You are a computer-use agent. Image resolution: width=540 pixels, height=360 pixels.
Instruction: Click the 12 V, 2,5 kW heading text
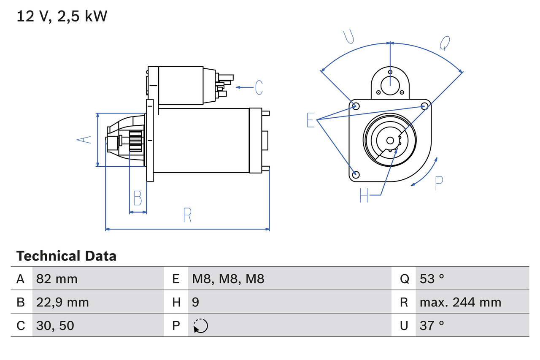[x=62, y=16]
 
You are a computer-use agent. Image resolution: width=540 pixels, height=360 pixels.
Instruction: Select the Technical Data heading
[x=66, y=256]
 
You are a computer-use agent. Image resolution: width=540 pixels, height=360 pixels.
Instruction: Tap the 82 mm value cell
[x=57, y=279]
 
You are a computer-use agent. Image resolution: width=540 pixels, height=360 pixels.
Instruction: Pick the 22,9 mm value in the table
[x=62, y=302]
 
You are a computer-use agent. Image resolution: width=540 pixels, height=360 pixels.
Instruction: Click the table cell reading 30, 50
[x=55, y=325]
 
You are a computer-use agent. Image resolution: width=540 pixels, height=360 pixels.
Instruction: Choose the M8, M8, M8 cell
[x=228, y=279]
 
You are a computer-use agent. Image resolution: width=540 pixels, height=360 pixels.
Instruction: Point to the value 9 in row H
[x=196, y=302]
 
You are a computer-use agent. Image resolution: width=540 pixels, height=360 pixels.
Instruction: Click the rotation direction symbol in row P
[x=200, y=326]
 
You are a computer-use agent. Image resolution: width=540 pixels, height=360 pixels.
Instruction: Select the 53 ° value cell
[x=432, y=279]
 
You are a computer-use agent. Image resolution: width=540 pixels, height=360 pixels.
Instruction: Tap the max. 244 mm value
[x=460, y=302]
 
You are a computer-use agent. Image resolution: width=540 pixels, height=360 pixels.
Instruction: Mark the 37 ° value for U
[x=432, y=325]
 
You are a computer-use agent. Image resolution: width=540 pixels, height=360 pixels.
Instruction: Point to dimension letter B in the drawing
[x=138, y=198]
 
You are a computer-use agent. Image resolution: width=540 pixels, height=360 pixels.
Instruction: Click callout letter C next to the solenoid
[x=259, y=87]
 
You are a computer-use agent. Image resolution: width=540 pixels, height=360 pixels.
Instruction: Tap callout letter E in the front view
[x=310, y=120]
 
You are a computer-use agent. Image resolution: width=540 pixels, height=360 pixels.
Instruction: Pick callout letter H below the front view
[x=364, y=195]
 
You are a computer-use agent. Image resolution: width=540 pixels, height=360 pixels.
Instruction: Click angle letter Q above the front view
[x=445, y=43]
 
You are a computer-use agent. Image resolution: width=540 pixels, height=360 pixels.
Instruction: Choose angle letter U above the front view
[x=348, y=37]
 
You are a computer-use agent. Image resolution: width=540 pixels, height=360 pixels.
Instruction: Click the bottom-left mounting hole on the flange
[x=356, y=174]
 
